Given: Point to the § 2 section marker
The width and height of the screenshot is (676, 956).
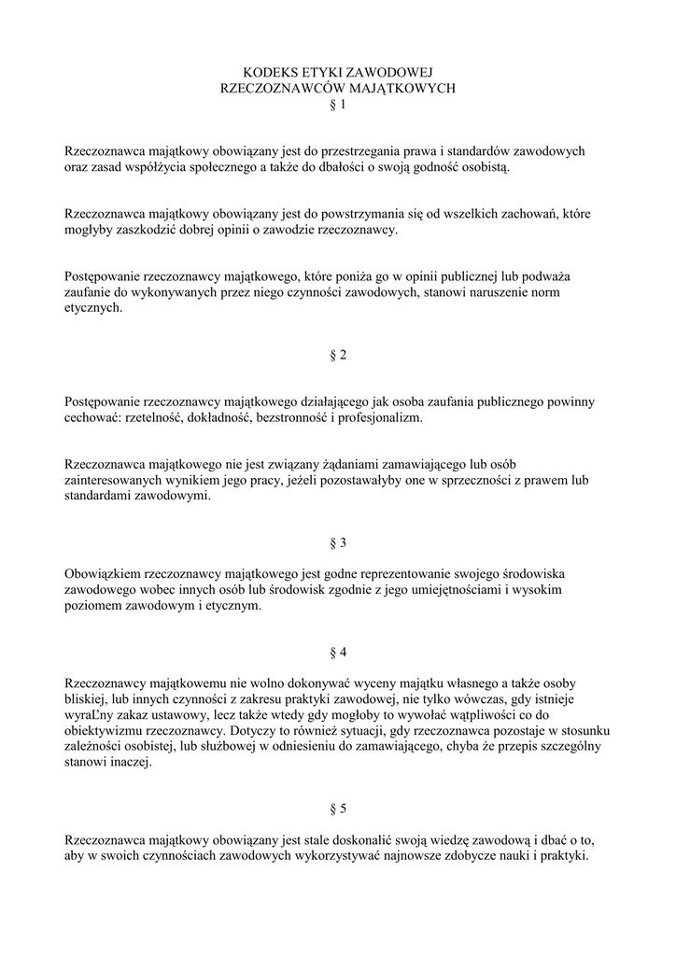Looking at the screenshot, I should pyautogui.click(x=338, y=355).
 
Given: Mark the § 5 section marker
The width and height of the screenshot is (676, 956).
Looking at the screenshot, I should pyautogui.click(x=338, y=808).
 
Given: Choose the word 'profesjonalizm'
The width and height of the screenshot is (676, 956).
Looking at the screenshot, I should pyautogui.click(x=384, y=417).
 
